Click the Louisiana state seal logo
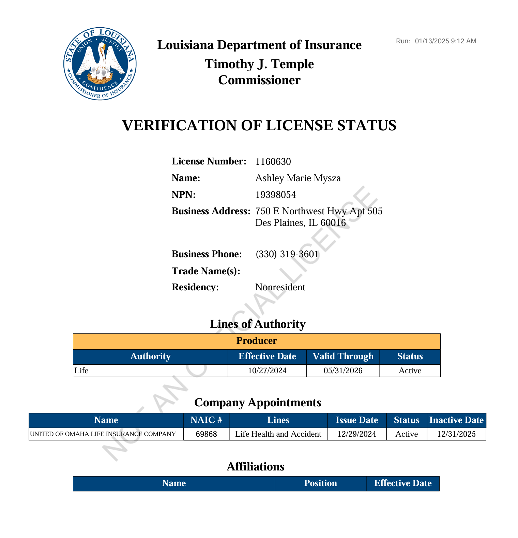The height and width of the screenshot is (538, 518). [x=100, y=64]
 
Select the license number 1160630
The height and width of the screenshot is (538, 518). [x=273, y=161]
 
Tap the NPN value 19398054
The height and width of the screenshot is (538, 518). [x=275, y=195]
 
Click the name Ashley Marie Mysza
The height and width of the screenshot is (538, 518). [x=298, y=178]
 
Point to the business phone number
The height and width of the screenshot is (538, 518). [x=287, y=254]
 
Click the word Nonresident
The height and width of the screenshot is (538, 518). [x=280, y=287]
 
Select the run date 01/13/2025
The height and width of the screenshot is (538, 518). [x=432, y=41]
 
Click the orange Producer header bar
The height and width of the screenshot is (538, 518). [x=257, y=341]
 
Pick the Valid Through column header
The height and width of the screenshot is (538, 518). [x=343, y=357]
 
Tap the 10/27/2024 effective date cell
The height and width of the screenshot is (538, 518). [x=267, y=371]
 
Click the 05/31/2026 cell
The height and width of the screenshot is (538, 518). [x=343, y=371]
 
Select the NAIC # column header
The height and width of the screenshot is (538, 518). [x=206, y=420]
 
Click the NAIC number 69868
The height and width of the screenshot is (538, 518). [x=206, y=434]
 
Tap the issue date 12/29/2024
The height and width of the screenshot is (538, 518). [x=356, y=434]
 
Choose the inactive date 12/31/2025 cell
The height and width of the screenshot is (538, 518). [x=456, y=434]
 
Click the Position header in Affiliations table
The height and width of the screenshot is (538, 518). [x=320, y=483]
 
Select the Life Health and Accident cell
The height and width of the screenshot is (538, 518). [x=278, y=434]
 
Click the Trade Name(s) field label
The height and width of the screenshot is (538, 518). [x=206, y=271]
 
